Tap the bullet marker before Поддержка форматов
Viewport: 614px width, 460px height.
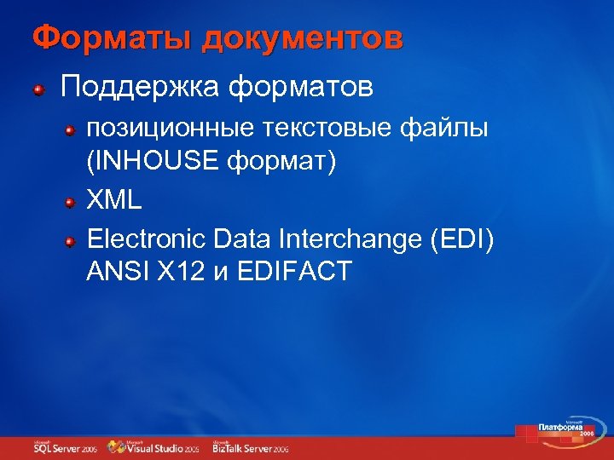[40, 88]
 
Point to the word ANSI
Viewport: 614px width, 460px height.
[117, 272]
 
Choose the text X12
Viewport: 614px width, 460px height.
[177, 272]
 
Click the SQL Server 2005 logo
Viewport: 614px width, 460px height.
[66, 446]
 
